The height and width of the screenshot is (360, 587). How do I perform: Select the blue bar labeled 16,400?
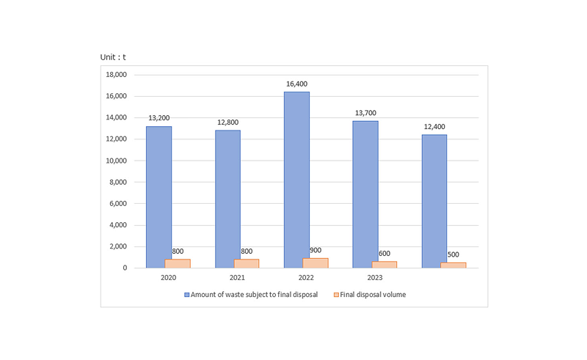click(x=296, y=180)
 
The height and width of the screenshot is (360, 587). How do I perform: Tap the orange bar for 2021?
click(x=247, y=263)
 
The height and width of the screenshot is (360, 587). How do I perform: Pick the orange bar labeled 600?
click(x=384, y=264)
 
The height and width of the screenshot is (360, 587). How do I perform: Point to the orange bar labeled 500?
click(x=453, y=265)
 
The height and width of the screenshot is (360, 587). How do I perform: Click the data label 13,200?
click(x=159, y=117)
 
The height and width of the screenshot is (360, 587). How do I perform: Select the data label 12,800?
click(x=227, y=122)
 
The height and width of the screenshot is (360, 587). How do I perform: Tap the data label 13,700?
click(x=365, y=112)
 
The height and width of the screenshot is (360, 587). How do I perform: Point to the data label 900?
click(x=315, y=250)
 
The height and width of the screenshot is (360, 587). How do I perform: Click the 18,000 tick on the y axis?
click(x=116, y=75)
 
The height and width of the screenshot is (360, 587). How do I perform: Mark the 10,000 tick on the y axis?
click(x=116, y=161)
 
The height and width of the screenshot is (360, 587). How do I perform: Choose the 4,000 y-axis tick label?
click(x=118, y=225)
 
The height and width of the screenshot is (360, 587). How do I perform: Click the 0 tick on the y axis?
click(x=125, y=268)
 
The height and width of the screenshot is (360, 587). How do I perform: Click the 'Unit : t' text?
click(x=113, y=57)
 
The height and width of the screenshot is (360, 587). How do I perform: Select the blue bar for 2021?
click(x=227, y=199)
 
